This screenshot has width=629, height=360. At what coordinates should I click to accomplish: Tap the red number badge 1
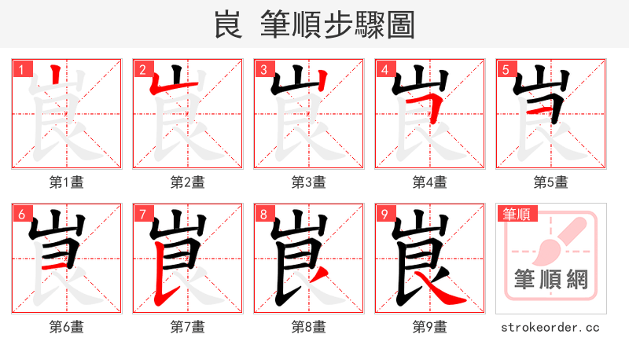[x=21, y=70]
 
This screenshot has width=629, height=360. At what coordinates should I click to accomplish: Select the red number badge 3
[x=263, y=70]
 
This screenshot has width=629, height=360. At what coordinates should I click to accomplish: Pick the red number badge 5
[x=506, y=70]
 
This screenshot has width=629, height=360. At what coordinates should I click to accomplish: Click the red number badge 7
[x=142, y=214]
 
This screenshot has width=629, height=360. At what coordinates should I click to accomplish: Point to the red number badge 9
[x=384, y=214]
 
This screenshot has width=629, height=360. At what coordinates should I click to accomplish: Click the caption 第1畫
[x=67, y=182]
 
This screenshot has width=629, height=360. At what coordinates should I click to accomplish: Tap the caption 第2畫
[x=188, y=182]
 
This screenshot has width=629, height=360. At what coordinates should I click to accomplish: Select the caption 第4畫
[x=430, y=182]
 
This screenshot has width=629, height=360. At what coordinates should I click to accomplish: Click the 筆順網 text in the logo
[x=551, y=279]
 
